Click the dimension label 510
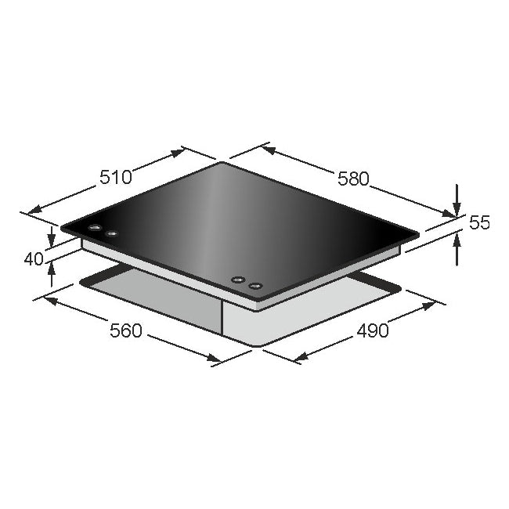click(x=115, y=177)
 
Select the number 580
click(x=352, y=179)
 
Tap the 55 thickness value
click(x=479, y=223)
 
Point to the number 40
click(x=34, y=258)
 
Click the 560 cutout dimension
click(x=125, y=330)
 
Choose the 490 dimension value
click(x=372, y=330)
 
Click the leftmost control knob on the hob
click(x=95, y=229)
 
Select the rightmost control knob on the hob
click(x=254, y=286)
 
